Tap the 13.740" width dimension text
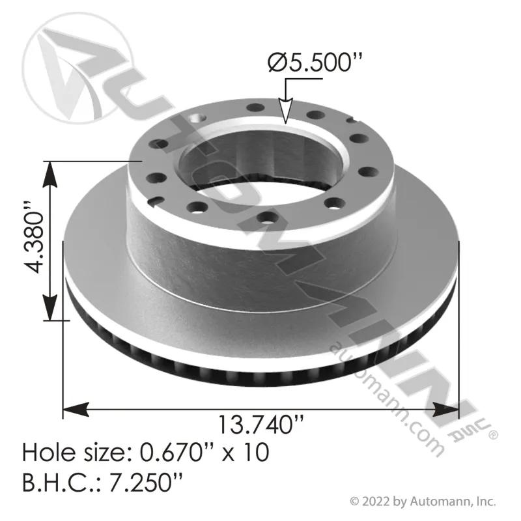pos(261,425)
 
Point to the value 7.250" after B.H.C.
pos(146,483)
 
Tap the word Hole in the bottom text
pos(51,452)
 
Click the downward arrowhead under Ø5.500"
pos(285,111)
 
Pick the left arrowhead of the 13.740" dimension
pos(76,409)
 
